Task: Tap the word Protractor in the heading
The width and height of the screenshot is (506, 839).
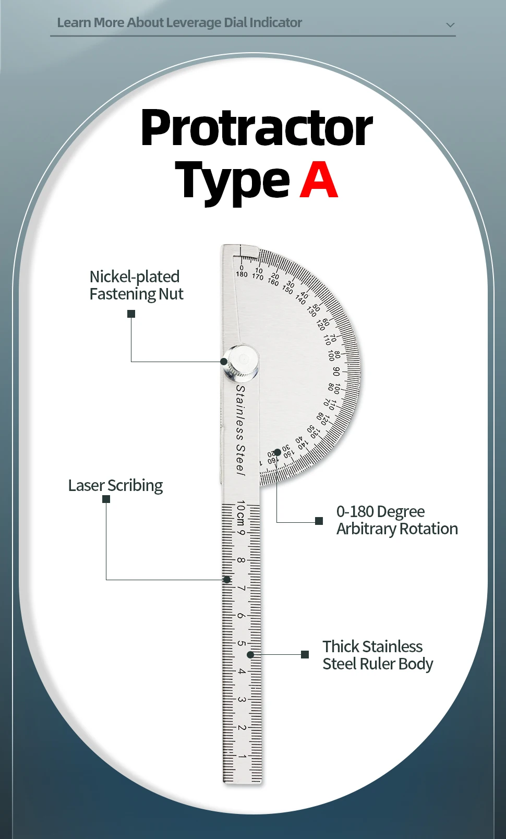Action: click(257, 128)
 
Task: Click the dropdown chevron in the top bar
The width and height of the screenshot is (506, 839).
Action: click(450, 25)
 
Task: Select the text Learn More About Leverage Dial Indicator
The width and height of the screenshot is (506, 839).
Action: click(179, 22)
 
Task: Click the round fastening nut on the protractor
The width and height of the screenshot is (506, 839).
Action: click(242, 361)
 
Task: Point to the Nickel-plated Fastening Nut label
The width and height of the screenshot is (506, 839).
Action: click(136, 285)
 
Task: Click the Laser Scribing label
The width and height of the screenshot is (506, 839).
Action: click(115, 485)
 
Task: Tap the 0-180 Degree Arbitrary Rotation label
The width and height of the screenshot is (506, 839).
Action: click(396, 520)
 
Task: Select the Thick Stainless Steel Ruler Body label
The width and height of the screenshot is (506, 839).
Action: click(378, 655)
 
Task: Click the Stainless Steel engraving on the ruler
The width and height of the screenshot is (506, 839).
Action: click(240, 430)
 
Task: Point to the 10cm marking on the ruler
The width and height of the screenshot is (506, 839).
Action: click(240, 514)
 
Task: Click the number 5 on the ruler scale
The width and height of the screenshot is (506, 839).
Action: click(242, 643)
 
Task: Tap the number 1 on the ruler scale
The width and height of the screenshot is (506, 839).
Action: click(242, 756)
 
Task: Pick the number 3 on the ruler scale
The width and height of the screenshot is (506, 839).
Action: click(242, 699)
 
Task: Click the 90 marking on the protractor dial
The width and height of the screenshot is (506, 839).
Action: click(336, 371)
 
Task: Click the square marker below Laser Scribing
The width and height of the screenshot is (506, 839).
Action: click(106, 499)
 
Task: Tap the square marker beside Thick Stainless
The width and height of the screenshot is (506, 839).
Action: click(305, 654)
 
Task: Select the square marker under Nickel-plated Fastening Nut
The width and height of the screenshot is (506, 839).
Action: click(131, 314)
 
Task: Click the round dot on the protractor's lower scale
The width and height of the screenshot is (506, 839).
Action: click(278, 452)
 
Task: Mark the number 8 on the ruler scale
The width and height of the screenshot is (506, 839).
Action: click(241, 560)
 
